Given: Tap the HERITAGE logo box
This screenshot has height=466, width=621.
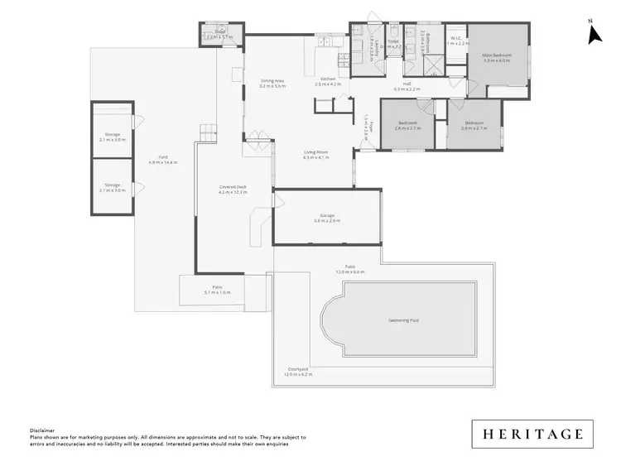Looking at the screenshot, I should [532, 434].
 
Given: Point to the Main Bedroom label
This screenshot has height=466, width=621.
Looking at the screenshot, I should [498, 56].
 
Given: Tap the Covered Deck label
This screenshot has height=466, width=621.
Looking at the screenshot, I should [233, 187].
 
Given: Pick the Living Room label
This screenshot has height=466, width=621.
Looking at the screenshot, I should [316, 152].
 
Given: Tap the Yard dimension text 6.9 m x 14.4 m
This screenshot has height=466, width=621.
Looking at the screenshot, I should [163, 162].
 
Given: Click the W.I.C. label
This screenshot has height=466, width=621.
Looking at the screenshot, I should [459, 39].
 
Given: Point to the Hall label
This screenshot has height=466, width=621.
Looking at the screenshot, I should [407, 84].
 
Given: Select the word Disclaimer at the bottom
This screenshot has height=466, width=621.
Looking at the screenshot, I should [42, 430].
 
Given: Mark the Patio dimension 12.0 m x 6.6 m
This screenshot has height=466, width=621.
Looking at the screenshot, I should [350, 271].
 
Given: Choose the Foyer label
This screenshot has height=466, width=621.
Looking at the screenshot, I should [367, 128].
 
